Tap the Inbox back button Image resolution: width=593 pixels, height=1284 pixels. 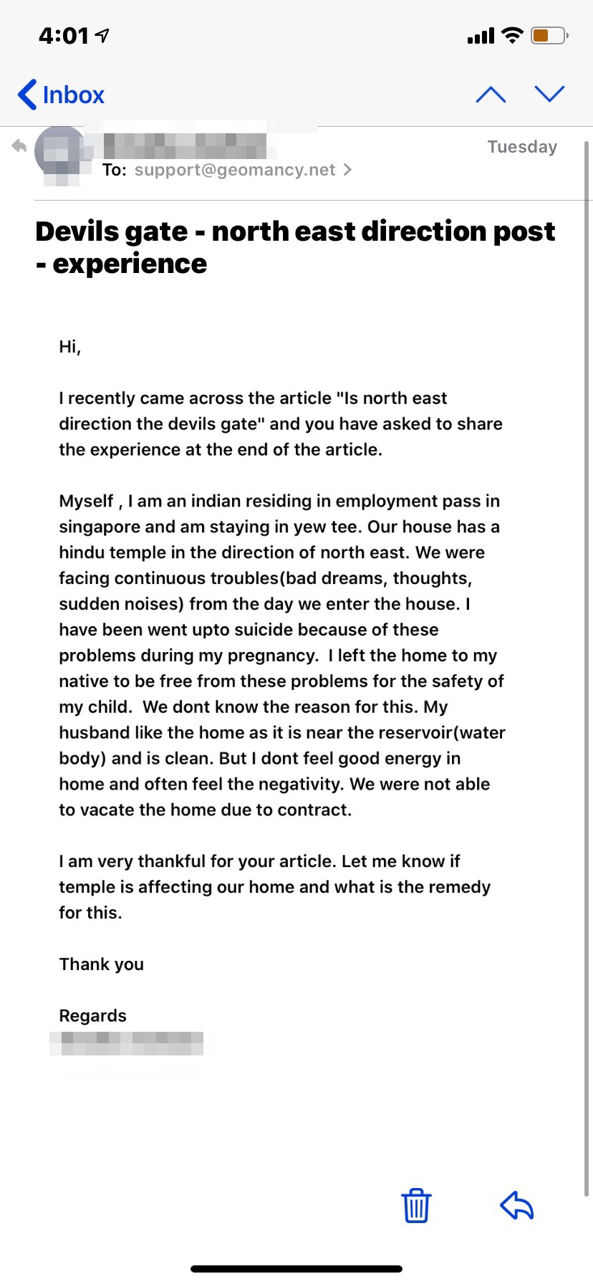[62, 95]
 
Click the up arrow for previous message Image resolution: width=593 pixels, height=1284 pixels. [491, 95]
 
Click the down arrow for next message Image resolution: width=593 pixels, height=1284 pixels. [549, 94]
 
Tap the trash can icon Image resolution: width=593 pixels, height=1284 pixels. [416, 1205]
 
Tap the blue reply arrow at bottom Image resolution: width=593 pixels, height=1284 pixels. [516, 1205]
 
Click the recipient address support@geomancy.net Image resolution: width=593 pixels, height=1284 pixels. [235, 170]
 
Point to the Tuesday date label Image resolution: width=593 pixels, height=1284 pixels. [522, 147]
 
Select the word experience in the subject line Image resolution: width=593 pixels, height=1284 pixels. [130, 264]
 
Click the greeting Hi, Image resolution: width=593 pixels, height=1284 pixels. [69, 347]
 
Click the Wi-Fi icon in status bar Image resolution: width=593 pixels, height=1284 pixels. [512, 35]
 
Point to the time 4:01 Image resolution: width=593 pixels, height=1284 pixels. [64, 36]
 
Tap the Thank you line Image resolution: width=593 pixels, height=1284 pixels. [101, 964]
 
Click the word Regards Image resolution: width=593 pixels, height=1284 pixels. [92, 1016]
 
